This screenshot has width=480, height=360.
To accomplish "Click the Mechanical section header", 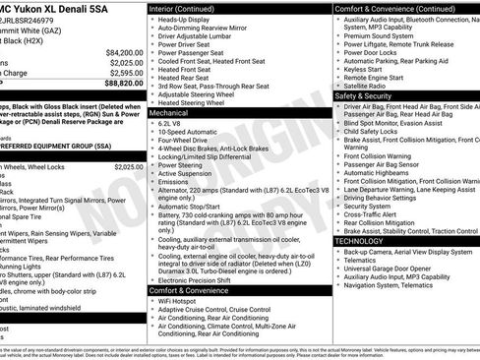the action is pyautogui.click(x=168, y=113).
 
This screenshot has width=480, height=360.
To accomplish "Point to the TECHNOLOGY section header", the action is pyautogui.click(x=360, y=240).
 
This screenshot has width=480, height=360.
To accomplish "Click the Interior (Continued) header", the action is pyautogui.click(x=188, y=7).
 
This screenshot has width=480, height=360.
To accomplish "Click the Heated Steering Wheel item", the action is pyautogui.click(x=195, y=102).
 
